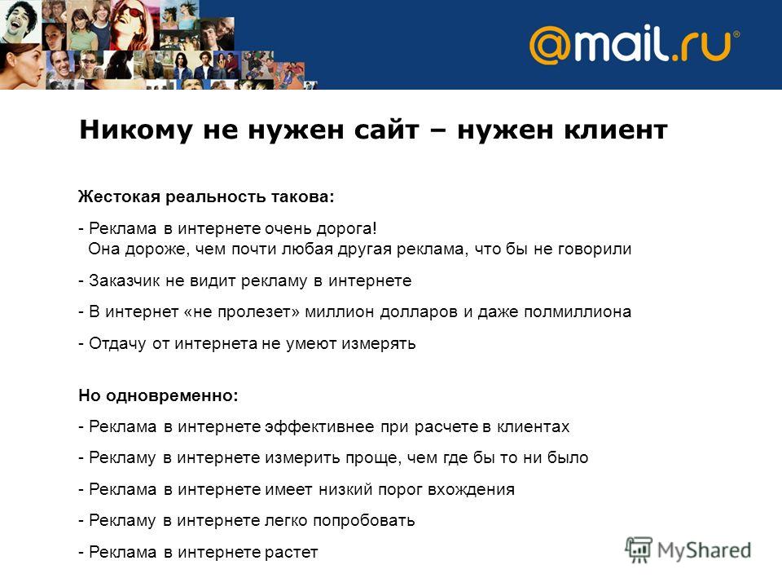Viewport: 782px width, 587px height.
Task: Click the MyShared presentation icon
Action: [639, 549]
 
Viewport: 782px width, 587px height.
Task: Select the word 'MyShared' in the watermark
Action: [704, 550]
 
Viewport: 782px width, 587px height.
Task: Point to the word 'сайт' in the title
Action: [386, 130]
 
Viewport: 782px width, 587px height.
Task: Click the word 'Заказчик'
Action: [125, 281]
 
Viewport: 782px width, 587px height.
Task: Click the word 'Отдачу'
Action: [117, 344]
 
